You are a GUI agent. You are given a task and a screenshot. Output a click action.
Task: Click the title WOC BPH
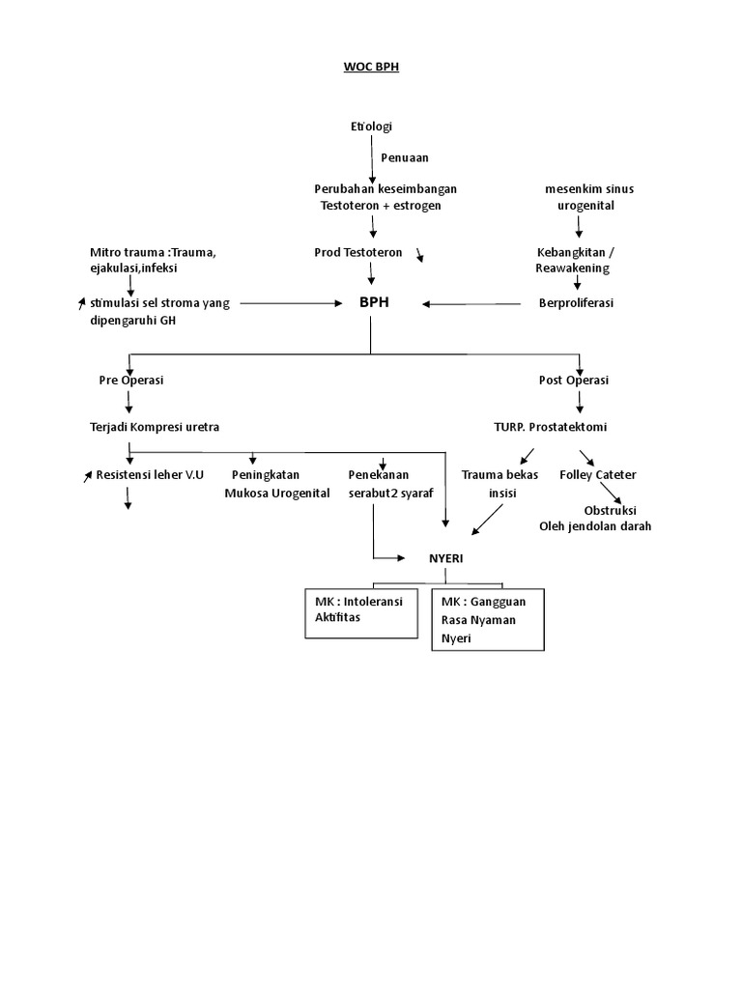371,69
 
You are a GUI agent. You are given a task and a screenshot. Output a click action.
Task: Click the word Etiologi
371,127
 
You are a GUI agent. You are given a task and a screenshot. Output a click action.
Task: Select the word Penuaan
404,157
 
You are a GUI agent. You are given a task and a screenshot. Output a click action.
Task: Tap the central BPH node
373,302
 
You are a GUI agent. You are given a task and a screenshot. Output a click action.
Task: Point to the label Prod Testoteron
358,253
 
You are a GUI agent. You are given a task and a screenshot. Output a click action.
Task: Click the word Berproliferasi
576,303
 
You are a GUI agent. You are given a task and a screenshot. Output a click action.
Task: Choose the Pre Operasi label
131,381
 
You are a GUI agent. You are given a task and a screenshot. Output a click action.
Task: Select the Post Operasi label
574,381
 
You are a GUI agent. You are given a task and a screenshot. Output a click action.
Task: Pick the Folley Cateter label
598,475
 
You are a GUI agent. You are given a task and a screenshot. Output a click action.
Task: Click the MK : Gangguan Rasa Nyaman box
488,618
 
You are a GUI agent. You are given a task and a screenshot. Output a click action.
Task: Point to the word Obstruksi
616,510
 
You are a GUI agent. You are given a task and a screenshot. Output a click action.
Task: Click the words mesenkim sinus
583,189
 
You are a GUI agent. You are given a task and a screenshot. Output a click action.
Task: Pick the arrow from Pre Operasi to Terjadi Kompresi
126,403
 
